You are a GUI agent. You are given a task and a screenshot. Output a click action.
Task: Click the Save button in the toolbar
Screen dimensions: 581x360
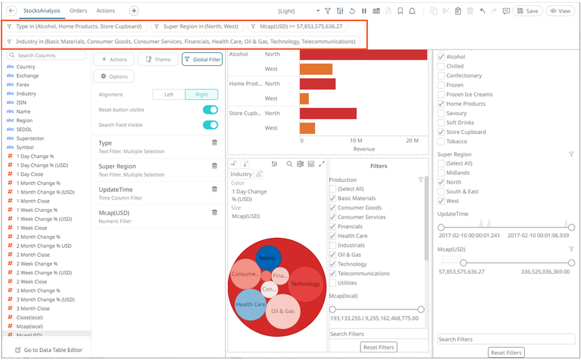point(527,11)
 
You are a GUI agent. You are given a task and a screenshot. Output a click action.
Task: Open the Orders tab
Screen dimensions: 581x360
point(79,11)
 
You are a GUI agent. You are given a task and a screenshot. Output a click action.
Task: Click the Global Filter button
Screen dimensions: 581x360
point(202,59)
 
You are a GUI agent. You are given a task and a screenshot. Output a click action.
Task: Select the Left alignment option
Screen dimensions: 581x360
point(169,94)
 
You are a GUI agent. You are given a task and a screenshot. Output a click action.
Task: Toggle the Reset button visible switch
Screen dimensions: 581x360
point(210,110)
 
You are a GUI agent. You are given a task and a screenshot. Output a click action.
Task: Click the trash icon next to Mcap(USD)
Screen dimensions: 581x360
point(214,212)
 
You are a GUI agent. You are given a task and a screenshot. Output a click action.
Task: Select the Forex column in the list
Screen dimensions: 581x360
point(22,84)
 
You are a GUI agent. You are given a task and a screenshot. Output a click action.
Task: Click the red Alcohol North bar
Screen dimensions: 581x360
point(363,54)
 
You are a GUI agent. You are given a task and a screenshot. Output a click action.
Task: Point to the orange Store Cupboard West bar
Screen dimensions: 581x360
point(307,128)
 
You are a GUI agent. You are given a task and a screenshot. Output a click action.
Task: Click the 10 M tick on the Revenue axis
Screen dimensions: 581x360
point(356,140)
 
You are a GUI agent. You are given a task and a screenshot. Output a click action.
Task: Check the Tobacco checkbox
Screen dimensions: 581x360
point(441,141)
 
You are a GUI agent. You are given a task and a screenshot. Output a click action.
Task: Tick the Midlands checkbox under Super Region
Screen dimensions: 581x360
point(441,173)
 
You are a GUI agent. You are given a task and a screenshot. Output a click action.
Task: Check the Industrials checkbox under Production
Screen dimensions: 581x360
point(332,245)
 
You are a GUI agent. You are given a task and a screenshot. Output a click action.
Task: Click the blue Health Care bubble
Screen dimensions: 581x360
point(250,305)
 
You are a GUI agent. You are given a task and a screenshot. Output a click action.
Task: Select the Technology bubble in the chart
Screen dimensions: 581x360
point(305,284)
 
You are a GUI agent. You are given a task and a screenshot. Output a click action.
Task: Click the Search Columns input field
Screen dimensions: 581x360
point(46,55)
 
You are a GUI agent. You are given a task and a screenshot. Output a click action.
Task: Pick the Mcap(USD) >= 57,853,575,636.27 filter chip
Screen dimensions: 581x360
point(298,26)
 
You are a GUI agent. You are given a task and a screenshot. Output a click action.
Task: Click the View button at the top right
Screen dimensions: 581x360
point(560,11)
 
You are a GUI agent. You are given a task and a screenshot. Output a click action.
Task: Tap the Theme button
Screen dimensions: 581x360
point(158,59)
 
